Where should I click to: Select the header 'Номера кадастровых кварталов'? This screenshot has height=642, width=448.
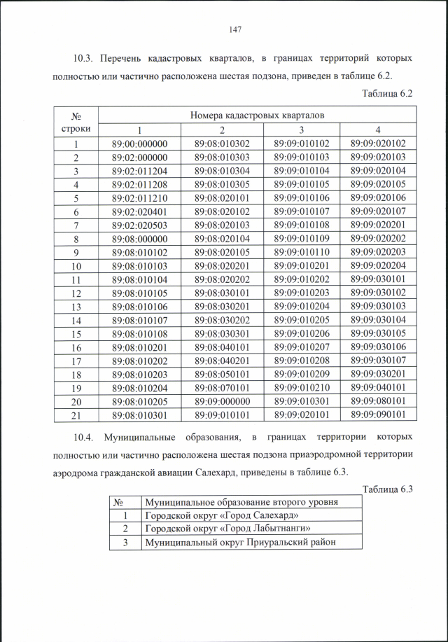pos(255,115)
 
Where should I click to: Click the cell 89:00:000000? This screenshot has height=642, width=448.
pos(140,144)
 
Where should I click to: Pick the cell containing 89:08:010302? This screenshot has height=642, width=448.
pos(222,144)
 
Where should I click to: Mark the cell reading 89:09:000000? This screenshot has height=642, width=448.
pos(222,401)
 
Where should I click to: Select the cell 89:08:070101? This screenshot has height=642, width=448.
pos(222,387)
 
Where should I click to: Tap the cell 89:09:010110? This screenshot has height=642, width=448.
pos(301,252)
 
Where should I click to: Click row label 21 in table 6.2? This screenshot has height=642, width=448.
pos(76,414)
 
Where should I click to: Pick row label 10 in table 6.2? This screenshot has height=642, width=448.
pos(76,266)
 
